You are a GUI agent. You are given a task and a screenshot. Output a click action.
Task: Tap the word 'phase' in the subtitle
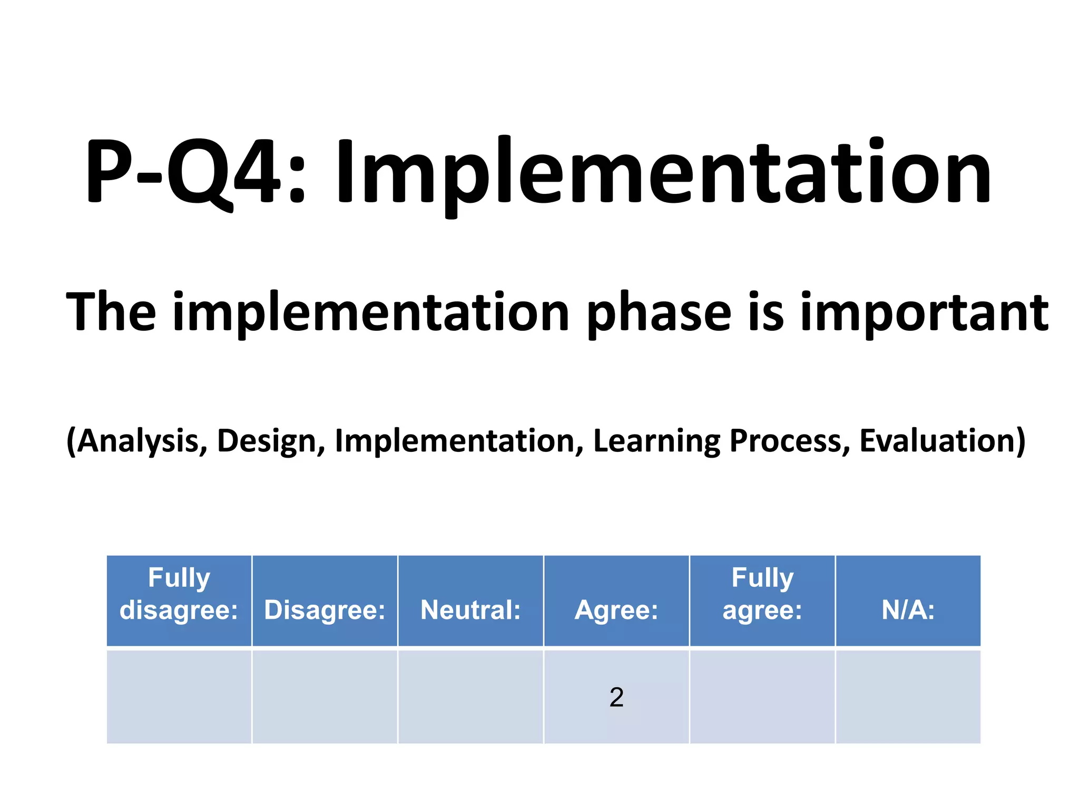pos(659,313)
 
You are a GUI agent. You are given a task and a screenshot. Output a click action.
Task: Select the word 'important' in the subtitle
pos(924,313)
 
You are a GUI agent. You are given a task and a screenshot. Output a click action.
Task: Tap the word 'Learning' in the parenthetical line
pos(656,441)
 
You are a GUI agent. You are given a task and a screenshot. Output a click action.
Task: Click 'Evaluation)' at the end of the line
pos(943,441)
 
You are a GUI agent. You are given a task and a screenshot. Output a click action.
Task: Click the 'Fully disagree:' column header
pos(179,594)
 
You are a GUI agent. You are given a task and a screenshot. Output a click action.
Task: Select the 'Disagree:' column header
pos(325,610)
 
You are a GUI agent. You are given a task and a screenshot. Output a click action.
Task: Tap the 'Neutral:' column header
pos(470,610)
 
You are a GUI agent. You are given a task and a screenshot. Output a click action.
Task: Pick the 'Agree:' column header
pos(616,610)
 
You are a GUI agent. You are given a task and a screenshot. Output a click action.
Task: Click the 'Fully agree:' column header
pos(762,594)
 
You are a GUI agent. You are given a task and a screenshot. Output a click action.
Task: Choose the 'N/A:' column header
pos(908,610)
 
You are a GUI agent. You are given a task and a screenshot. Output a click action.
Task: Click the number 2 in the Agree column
pos(616,697)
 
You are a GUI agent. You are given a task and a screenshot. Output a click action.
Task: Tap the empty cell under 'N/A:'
pos(908,697)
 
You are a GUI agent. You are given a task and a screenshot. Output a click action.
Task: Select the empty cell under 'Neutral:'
pos(470,697)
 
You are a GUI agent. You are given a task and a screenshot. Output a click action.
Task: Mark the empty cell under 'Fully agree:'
pos(762,697)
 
